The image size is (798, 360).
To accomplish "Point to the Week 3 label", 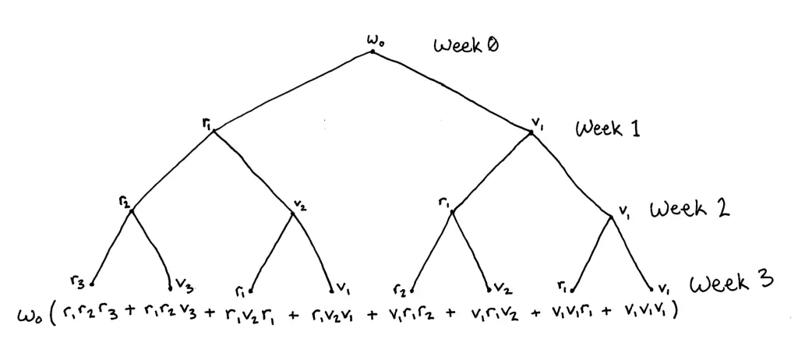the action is point(731,282).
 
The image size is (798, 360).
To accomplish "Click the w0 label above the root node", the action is point(372,38).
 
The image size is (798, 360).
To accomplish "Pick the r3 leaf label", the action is point(76,281).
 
